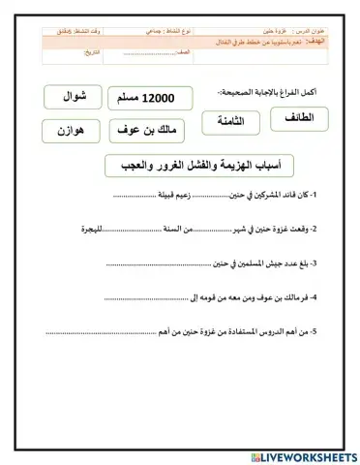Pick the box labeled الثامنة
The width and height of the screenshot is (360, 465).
click(x=229, y=122)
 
